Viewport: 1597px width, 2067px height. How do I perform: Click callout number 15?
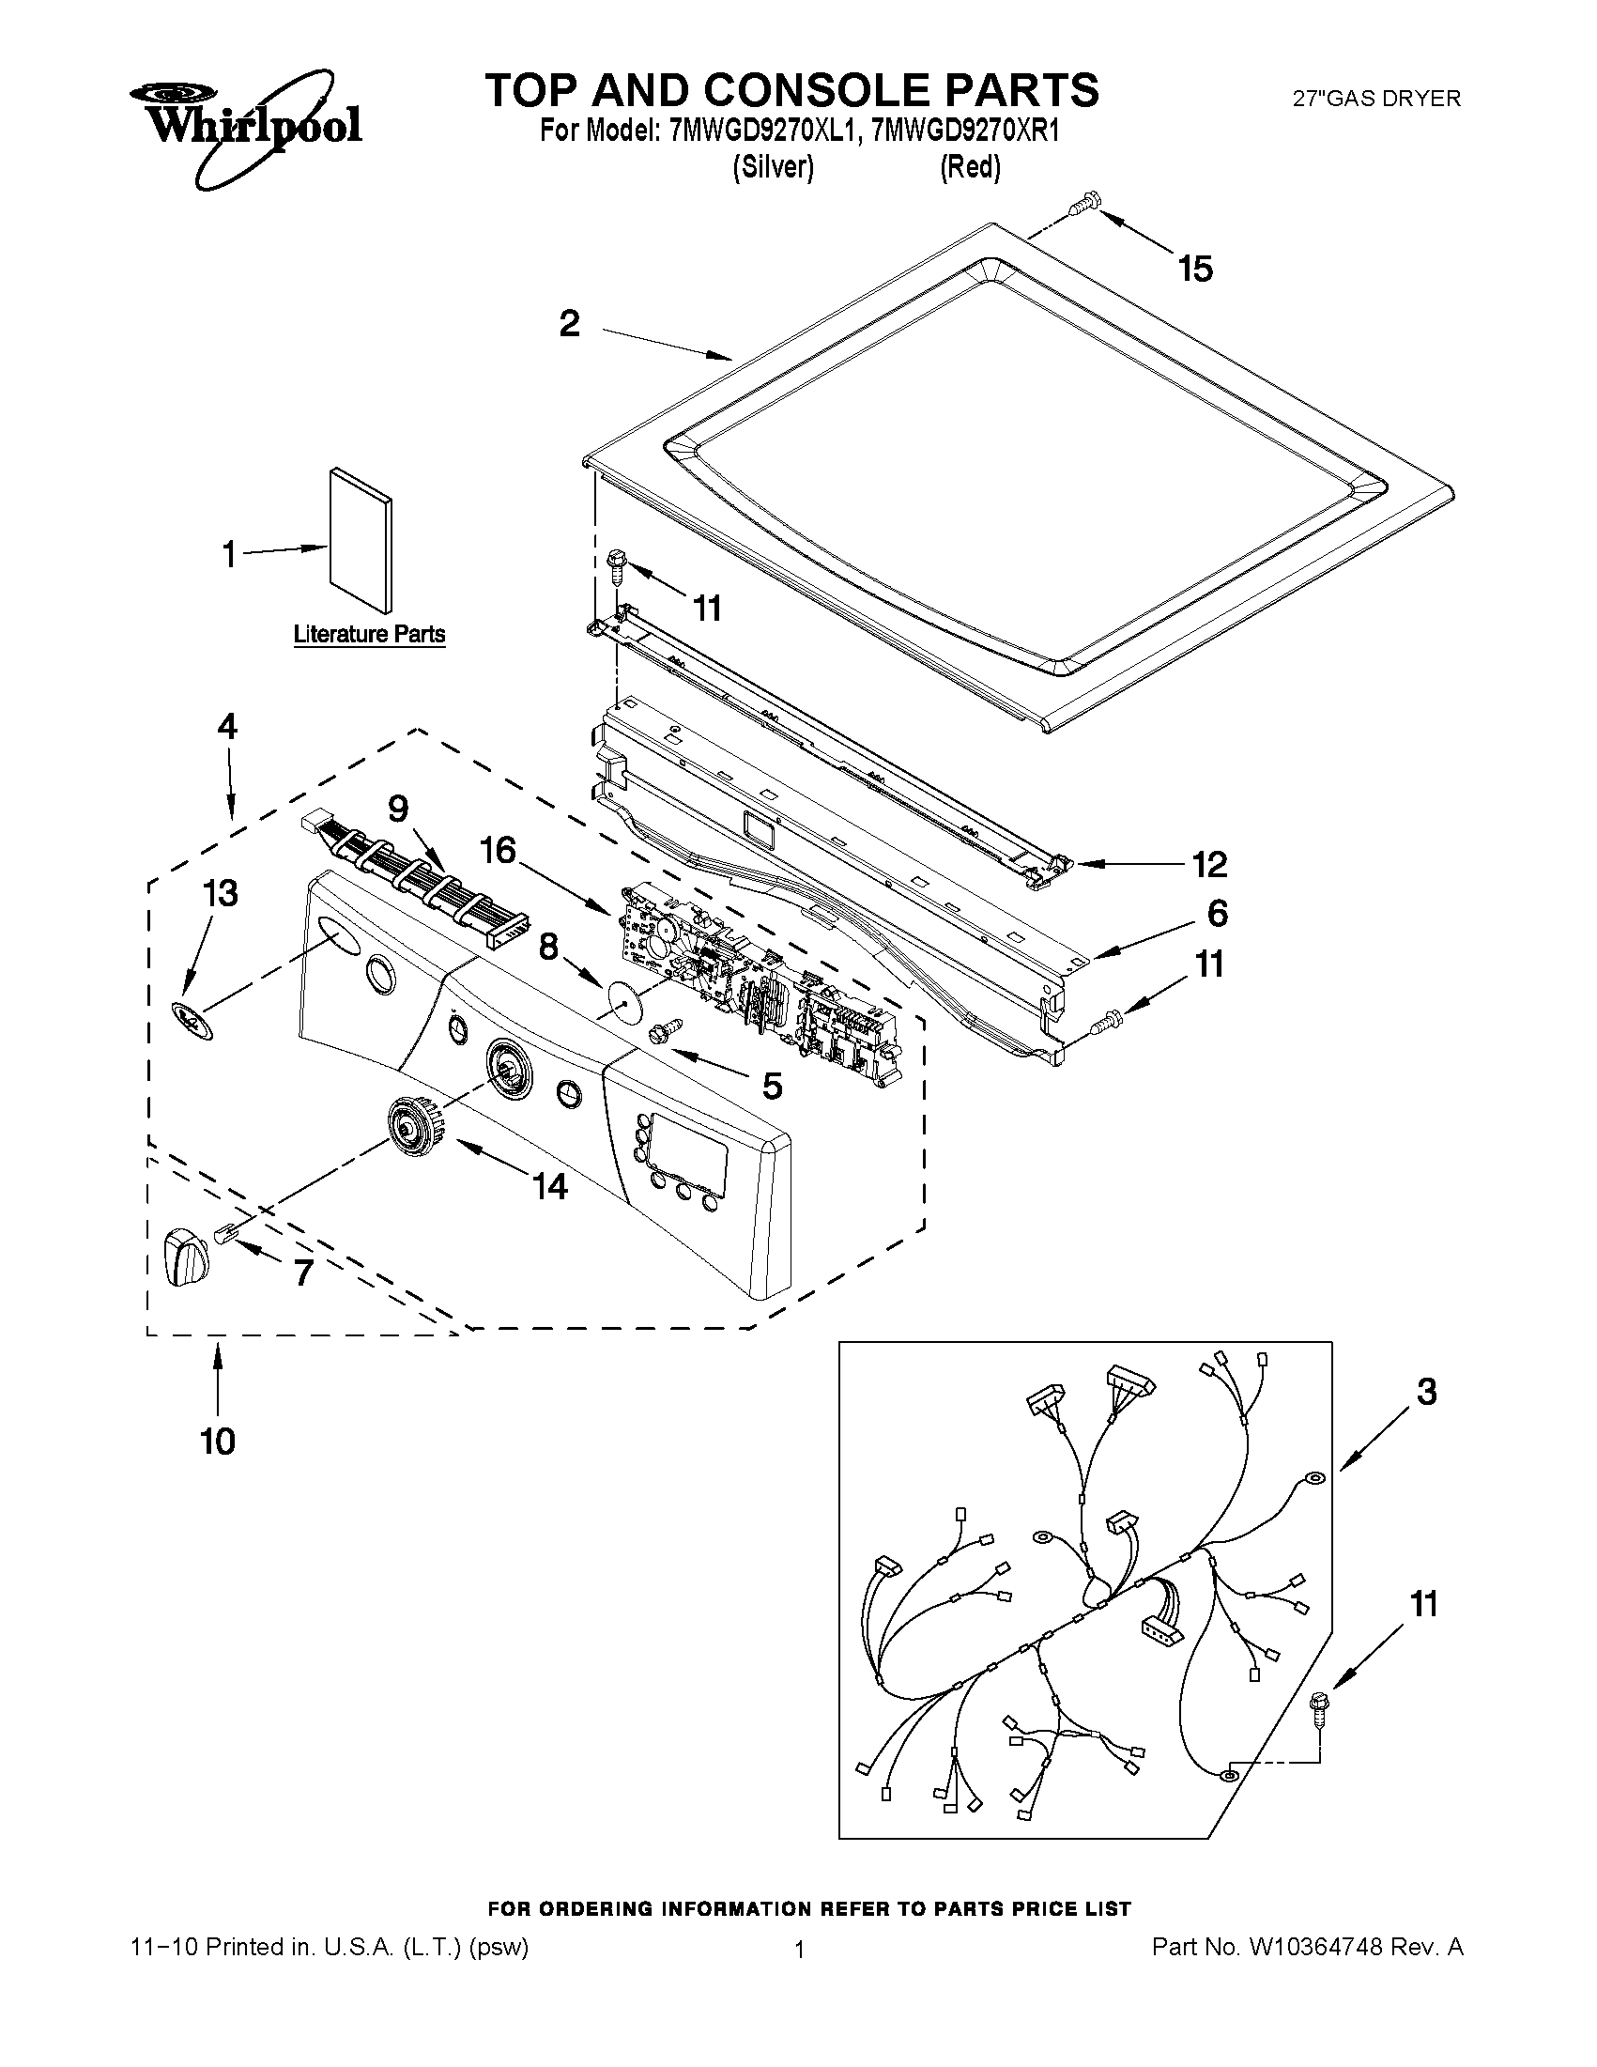(x=1195, y=269)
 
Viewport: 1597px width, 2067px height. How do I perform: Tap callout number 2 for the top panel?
(x=569, y=324)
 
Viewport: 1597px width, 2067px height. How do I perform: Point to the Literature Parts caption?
(x=369, y=634)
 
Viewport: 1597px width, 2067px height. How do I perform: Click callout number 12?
(x=1209, y=863)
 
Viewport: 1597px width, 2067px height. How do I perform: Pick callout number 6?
(x=1217, y=914)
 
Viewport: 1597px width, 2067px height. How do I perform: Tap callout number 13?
(x=221, y=892)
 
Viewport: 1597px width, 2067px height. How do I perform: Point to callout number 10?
(x=217, y=1441)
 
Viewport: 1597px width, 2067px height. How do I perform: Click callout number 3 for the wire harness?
(x=1426, y=1391)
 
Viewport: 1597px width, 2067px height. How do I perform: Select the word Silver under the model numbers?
(x=773, y=167)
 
